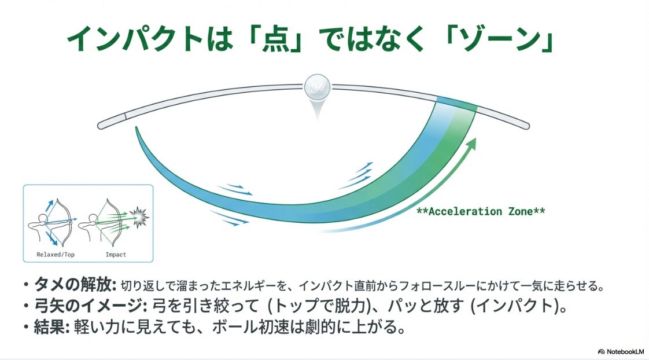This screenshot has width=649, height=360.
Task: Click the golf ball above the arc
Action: [x=316, y=87]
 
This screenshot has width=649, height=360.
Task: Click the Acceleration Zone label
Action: [x=480, y=211]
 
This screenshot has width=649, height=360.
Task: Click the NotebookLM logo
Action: [x=621, y=351]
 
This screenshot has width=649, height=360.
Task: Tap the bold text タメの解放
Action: [x=75, y=285]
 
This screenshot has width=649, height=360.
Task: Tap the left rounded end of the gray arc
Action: [x=102, y=124]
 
